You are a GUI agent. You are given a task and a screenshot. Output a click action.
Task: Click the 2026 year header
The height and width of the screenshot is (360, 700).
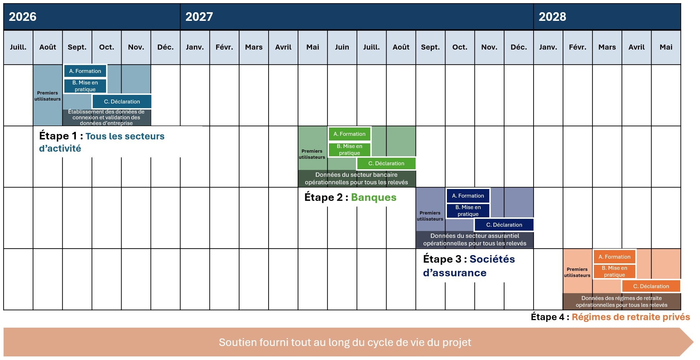pos(23,17)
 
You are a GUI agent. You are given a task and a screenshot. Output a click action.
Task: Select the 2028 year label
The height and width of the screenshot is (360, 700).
pos(552,17)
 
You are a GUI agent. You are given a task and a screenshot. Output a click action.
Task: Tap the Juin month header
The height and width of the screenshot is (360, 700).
pos(342,47)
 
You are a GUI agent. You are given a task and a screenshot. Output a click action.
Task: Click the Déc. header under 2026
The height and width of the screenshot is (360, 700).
pos(165,47)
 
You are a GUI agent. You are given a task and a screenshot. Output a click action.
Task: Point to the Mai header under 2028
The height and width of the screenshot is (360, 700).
pos(666,47)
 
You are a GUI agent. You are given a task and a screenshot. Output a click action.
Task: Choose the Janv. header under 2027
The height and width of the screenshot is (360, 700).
pos(195,47)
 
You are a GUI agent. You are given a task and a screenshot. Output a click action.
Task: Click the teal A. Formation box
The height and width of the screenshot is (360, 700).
pos(85,71)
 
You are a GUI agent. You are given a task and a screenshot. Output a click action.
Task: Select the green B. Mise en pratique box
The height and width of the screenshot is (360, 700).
pos(349,149)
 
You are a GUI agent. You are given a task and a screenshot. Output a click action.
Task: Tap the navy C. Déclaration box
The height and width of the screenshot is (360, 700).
pos(504,225)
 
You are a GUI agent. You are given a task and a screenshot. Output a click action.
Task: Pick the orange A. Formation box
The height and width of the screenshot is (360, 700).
pos(614,257)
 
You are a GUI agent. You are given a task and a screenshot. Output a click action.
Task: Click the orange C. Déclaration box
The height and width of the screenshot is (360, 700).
pos(651,286)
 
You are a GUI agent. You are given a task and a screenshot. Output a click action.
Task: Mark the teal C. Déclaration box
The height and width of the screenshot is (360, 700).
pos(122,102)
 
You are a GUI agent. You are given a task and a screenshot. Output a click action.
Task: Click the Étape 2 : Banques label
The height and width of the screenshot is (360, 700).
pos(350,197)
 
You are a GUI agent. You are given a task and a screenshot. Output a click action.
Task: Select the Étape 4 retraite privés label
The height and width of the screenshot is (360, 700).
pos(610,317)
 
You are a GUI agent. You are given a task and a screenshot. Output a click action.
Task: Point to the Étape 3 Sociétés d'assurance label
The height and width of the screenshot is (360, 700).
pos(469,266)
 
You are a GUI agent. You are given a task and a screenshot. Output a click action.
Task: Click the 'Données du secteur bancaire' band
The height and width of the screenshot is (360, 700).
pos(356,179)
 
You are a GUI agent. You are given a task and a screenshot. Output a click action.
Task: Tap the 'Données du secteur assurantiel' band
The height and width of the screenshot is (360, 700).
pos(475,240)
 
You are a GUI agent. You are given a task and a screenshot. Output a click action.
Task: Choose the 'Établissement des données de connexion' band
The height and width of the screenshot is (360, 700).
pos(106,117)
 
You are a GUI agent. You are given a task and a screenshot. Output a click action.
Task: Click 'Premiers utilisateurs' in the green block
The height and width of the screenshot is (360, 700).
pos(312,154)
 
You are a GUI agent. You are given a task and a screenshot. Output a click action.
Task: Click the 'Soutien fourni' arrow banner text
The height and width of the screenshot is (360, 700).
pos(345,342)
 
